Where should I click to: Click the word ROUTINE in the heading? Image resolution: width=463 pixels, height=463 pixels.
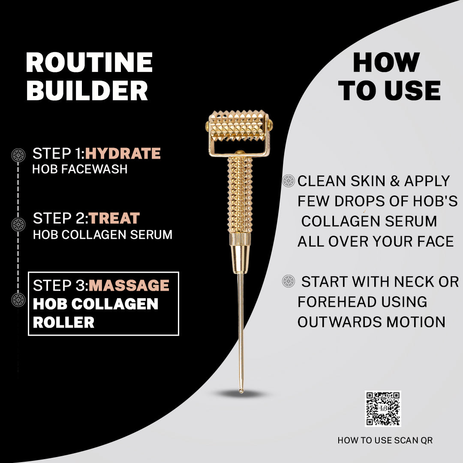point(89,62)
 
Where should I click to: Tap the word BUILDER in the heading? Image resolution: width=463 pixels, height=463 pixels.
point(87,90)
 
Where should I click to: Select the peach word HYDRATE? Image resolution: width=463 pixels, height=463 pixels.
point(123,153)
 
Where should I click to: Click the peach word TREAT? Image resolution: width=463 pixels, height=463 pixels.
point(114,218)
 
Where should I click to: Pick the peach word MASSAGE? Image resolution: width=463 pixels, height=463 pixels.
point(129,285)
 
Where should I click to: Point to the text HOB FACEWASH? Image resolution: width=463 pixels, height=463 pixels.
point(80,169)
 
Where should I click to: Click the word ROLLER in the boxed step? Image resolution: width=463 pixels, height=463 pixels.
point(63,322)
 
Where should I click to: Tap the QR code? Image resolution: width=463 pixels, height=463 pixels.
point(383,409)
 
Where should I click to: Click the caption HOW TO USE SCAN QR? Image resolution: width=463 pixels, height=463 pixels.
point(385,440)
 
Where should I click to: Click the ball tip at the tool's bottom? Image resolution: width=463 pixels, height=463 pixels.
point(241,391)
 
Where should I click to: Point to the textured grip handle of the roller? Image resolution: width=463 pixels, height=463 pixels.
point(240,195)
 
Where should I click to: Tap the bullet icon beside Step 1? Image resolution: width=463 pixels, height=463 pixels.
point(18,155)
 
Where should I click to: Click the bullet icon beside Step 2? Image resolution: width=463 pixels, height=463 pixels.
point(18,224)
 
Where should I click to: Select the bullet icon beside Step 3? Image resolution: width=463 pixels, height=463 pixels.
point(18,300)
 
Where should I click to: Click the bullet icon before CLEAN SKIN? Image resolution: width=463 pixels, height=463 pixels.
point(289,181)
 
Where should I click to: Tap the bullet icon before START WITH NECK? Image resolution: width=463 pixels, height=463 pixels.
point(289,281)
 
